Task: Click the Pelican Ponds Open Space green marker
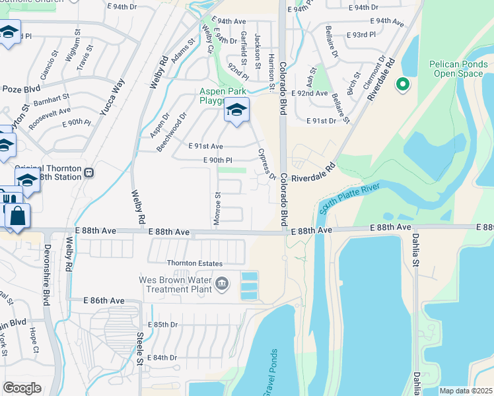(x=402, y=84)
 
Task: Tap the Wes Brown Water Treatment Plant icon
(x=221, y=284)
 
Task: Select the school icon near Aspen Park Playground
(x=236, y=110)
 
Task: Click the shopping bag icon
(x=17, y=216)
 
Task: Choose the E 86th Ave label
(x=104, y=300)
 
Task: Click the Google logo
(x=22, y=388)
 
